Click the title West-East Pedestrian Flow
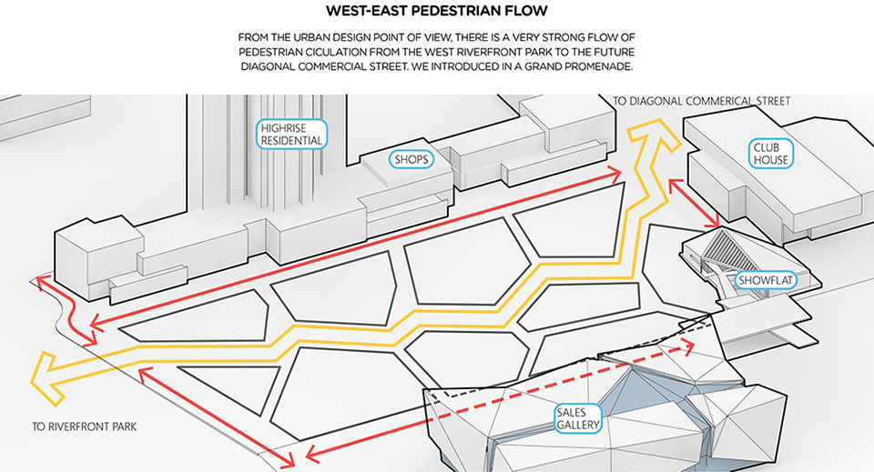click(436, 13)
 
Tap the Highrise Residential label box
click(290, 135)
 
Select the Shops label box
click(411, 159)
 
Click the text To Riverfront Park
click(84, 426)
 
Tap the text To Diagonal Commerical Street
click(701, 101)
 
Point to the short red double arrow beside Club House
click(695, 202)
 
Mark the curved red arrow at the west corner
click(68, 309)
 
